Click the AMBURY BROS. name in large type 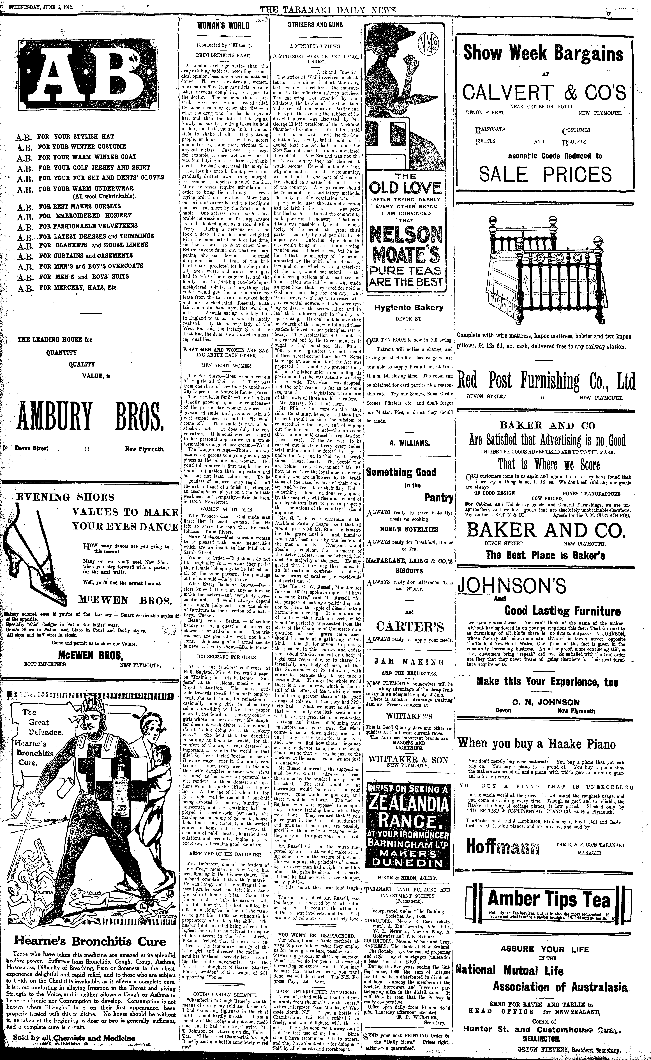(x=90, y=418)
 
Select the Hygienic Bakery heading (x=408, y=307)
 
